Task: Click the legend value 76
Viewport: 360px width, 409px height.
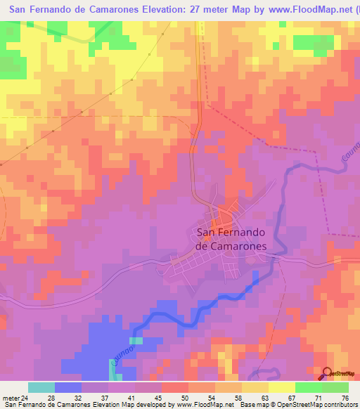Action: [x=344, y=397]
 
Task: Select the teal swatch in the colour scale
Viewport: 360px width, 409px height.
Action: [x=41, y=387]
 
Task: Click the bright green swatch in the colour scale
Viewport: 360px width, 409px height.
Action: [x=308, y=387]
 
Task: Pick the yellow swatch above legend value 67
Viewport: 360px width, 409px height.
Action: [x=281, y=387]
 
